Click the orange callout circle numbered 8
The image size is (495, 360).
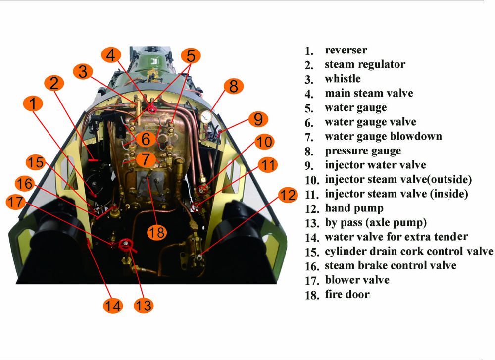pyautogui.click(x=233, y=87)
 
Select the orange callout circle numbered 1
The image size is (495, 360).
pyautogui.click(x=33, y=104)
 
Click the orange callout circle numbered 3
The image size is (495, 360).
pyautogui.click(x=83, y=72)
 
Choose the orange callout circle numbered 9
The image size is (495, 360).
pyautogui.click(x=258, y=119)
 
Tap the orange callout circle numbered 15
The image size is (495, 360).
pyautogui.click(x=36, y=162)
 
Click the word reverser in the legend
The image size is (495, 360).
pyautogui.click(x=346, y=50)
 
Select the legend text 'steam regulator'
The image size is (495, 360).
pyautogui.click(x=365, y=64)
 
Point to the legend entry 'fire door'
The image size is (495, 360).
pyautogui.click(x=347, y=294)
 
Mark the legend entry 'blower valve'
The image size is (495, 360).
pyautogui.click(x=357, y=280)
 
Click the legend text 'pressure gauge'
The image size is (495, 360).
pyautogui.click(x=362, y=151)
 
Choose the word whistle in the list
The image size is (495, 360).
pyautogui.click(x=343, y=79)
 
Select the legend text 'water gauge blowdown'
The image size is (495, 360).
pyautogui.click(x=383, y=136)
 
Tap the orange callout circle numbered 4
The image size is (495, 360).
pyautogui.click(x=111, y=55)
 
